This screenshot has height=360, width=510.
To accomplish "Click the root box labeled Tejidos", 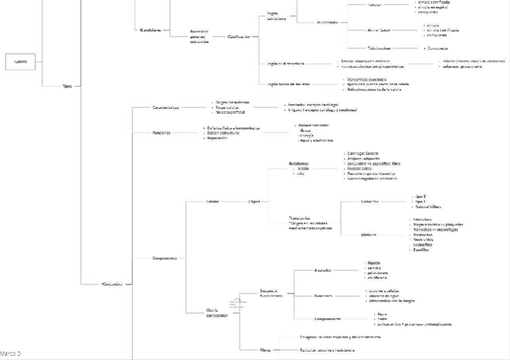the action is [x=20, y=61].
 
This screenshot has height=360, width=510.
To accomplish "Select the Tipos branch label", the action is [x=67, y=86].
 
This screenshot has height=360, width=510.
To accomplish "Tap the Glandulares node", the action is [x=150, y=29].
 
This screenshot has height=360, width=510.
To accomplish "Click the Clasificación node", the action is [x=238, y=37].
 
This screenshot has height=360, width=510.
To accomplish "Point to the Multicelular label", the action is [x=328, y=22].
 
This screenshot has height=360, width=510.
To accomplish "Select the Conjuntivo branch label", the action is [x=112, y=284].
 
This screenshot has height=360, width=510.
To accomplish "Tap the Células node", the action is [x=212, y=201].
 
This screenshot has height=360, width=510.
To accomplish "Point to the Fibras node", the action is [x=265, y=350].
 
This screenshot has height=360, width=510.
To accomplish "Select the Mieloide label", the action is [x=369, y=234].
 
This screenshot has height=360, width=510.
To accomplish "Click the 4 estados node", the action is [x=322, y=270].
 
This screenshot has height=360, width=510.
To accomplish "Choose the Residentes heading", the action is [x=298, y=163].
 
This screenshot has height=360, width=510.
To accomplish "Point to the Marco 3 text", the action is [x=10, y=353].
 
